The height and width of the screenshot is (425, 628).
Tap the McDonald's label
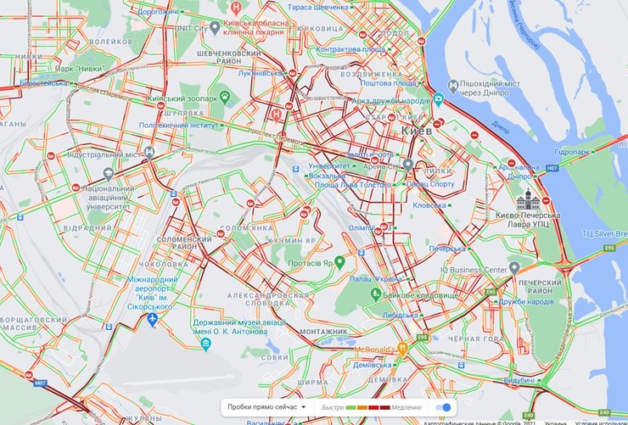[373, 349]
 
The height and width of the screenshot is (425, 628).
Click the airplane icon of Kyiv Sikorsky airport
[152, 319]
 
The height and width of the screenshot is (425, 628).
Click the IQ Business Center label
[474, 270]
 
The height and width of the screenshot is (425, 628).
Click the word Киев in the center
[417, 132]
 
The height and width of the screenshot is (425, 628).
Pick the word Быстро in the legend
[334, 407]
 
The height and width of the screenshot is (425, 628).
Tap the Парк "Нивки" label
[63, 68]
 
